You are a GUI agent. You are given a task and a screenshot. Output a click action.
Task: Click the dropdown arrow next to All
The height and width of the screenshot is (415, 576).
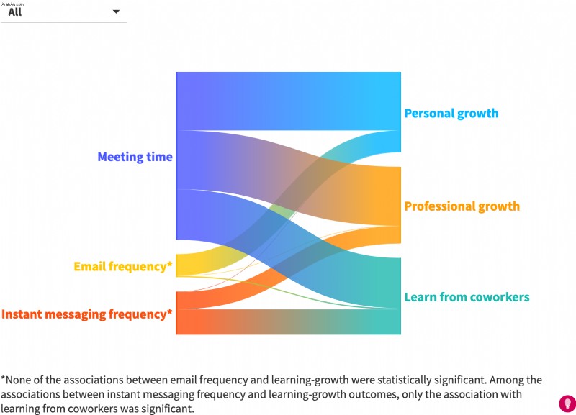[116, 12]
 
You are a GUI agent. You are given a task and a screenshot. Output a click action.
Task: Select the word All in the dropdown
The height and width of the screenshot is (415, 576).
[15, 12]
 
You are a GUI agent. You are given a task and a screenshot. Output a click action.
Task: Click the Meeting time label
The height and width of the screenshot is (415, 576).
[135, 157]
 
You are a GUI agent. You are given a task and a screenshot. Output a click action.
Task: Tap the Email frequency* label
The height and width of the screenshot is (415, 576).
[123, 266]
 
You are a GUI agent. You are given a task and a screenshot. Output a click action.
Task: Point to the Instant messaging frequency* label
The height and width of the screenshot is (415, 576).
[86, 314]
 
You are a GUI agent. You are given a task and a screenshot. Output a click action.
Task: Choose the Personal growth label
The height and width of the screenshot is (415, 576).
[451, 114]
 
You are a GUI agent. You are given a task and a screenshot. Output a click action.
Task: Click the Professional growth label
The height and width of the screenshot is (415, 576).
[462, 206]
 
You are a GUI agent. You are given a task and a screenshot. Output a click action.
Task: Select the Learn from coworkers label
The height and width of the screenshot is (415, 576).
[467, 297]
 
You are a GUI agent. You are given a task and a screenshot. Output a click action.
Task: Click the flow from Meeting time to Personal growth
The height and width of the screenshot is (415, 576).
[289, 101]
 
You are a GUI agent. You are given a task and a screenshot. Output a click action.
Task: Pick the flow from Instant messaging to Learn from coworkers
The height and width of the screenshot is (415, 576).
[289, 321]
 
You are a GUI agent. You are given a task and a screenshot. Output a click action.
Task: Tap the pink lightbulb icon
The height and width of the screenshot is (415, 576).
[567, 404]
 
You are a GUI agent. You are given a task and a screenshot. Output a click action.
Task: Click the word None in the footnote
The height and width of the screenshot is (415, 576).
[17, 380]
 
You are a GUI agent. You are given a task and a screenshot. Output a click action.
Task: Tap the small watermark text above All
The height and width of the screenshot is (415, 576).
[12, 4]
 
